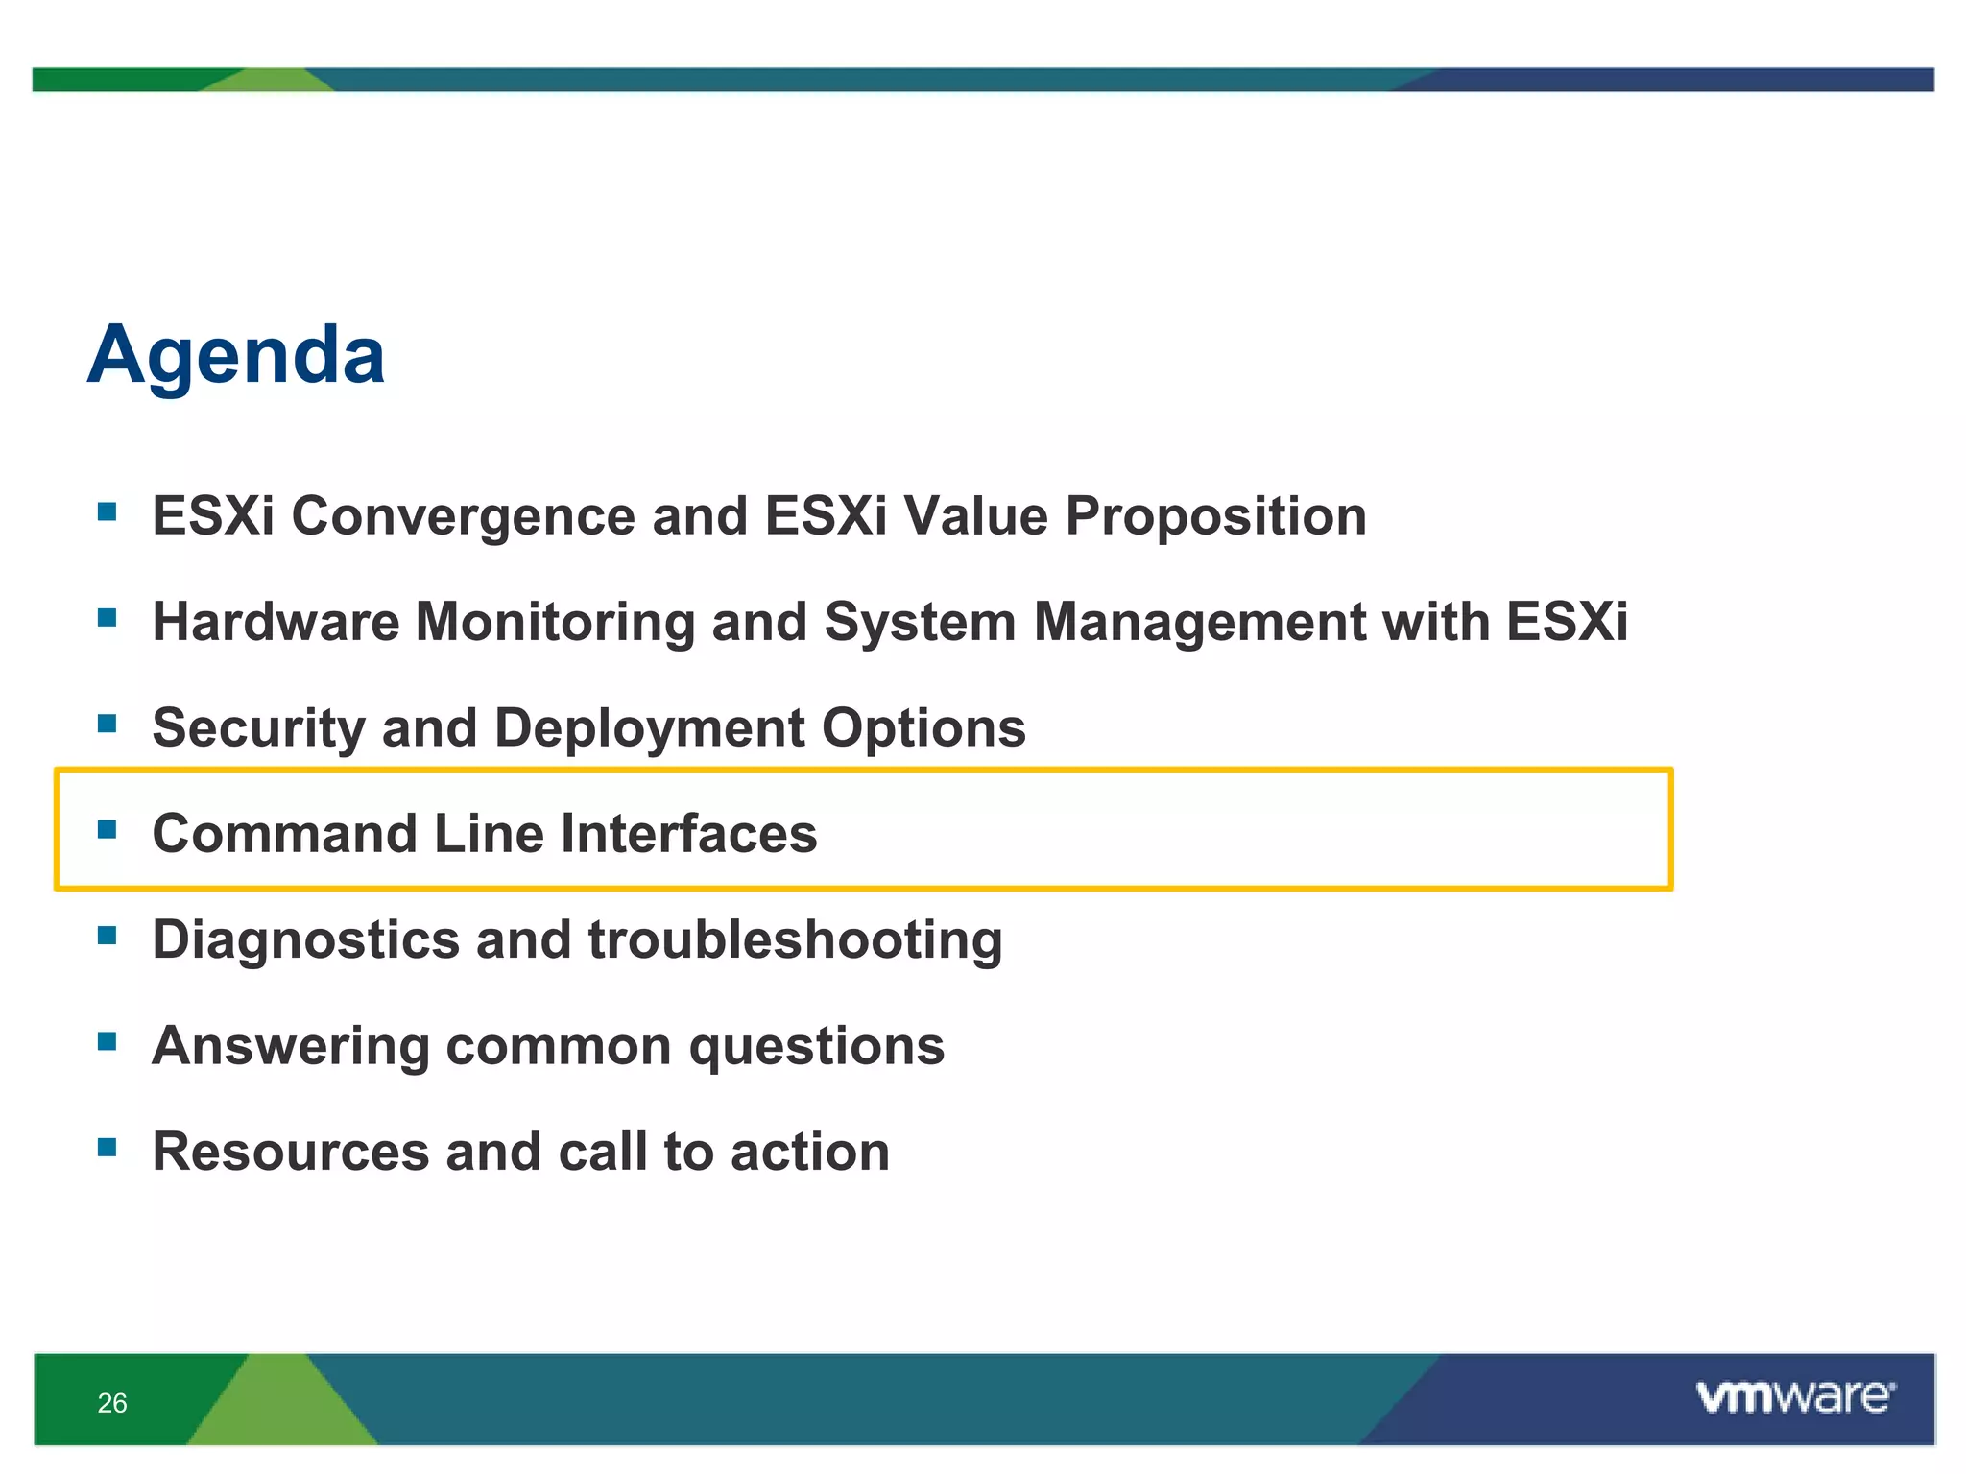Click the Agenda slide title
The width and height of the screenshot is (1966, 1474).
click(x=236, y=356)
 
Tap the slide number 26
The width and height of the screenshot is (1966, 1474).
click(x=112, y=1403)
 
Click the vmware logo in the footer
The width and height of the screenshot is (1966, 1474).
click(x=1795, y=1396)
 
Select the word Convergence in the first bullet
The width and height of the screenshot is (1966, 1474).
click(x=463, y=516)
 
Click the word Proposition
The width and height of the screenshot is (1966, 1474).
click(x=1215, y=516)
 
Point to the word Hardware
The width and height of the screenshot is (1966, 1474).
click(x=276, y=622)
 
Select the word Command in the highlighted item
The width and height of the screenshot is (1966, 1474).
click(x=285, y=833)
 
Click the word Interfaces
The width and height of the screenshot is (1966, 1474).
click(x=688, y=833)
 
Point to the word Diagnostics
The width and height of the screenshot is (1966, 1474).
click(x=305, y=939)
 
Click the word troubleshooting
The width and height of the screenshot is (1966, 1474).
click(x=795, y=940)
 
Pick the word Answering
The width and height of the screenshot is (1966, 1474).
click(x=291, y=1046)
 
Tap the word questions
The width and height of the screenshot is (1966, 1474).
click(x=817, y=1046)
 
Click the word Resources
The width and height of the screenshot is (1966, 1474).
click(x=291, y=1152)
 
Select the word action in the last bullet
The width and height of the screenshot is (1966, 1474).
click(x=809, y=1152)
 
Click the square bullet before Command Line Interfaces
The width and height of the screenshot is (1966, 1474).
click(x=107, y=828)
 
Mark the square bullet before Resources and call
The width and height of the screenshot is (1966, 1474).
click(x=107, y=1147)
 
